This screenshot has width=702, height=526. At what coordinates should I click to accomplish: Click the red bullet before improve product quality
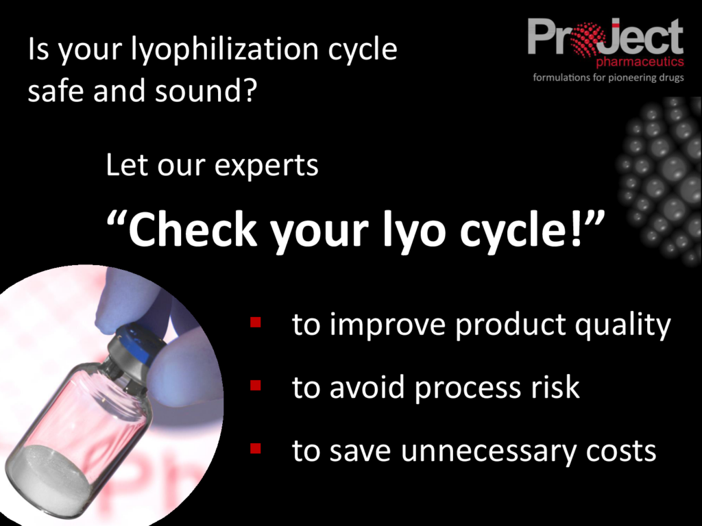click(x=256, y=321)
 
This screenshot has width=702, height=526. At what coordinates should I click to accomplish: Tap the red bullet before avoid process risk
click(x=256, y=386)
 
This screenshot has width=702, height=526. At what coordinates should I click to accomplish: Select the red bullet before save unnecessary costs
click(x=256, y=449)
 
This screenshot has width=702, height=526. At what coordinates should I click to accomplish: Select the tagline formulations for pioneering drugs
click(x=608, y=77)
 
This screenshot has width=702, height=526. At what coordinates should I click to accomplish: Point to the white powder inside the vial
click(x=48, y=473)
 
